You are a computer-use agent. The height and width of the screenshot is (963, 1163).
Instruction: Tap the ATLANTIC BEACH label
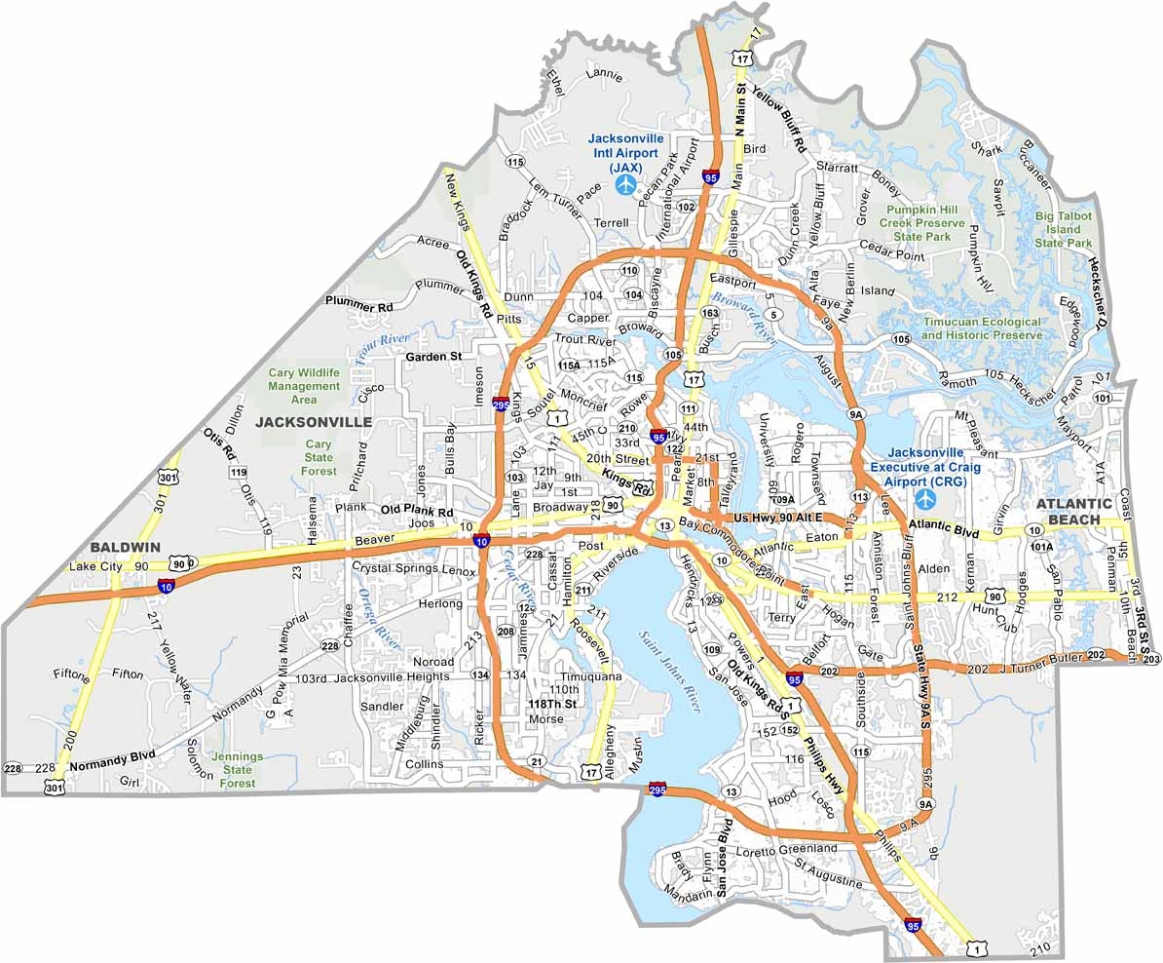[x=1073, y=511]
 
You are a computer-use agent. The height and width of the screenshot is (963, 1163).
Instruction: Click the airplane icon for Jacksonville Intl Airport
[x=624, y=184]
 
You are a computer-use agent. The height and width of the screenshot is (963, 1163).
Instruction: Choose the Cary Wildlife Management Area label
[x=304, y=386]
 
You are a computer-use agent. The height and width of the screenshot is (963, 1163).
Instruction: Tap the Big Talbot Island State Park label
[x=1064, y=229]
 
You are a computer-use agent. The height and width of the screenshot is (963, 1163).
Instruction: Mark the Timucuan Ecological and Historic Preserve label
[x=982, y=327]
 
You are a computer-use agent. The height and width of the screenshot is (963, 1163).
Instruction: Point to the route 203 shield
[x=1151, y=660]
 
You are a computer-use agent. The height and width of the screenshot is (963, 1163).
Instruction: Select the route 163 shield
[x=709, y=313]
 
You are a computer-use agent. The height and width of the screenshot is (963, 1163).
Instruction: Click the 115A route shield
[x=570, y=365]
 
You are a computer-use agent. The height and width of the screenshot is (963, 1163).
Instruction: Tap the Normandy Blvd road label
[x=113, y=766]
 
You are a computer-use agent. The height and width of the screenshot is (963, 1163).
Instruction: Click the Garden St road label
[x=433, y=357]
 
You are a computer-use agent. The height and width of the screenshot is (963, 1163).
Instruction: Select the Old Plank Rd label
[x=417, y=511]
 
